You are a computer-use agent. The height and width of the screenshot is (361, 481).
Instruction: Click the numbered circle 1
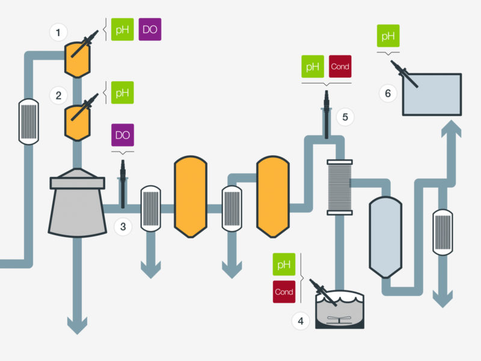pyautogui.click(x=58, y=32)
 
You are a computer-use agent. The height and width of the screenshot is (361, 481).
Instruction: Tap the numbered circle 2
pyautogui.click(x=58, y=95)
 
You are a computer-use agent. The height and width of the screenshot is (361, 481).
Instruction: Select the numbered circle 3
pyautogui.click(x=123, y=227)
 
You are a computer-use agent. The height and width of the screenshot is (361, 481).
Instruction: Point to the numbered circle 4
pyautogui.click(x=300, y=321)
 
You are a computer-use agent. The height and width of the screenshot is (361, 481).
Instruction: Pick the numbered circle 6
pyautogui.click(x=387, y=93)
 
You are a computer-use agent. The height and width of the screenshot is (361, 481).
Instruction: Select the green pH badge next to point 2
pyautogui.click(x=123, y=93)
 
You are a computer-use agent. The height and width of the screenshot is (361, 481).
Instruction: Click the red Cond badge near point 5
pyautogui.click(x=340, y=67)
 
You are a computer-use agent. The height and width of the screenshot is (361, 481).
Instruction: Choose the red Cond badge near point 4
pyautogui.click(x=284, y=292)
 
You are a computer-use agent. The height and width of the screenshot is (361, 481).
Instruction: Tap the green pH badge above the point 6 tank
pyautogui.click(x=387, y=36)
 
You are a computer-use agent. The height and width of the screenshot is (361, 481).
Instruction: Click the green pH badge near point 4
pyautogui.click(x=284, y=265)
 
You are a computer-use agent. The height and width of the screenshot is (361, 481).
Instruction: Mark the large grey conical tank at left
pyautogui.click(x=77, y=205)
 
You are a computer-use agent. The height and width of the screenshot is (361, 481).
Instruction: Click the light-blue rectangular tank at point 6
pyautogui.click(x=432, y=94)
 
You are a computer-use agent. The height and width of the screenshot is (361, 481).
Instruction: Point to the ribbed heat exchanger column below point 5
pyautogui.click(x=339, y=187)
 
